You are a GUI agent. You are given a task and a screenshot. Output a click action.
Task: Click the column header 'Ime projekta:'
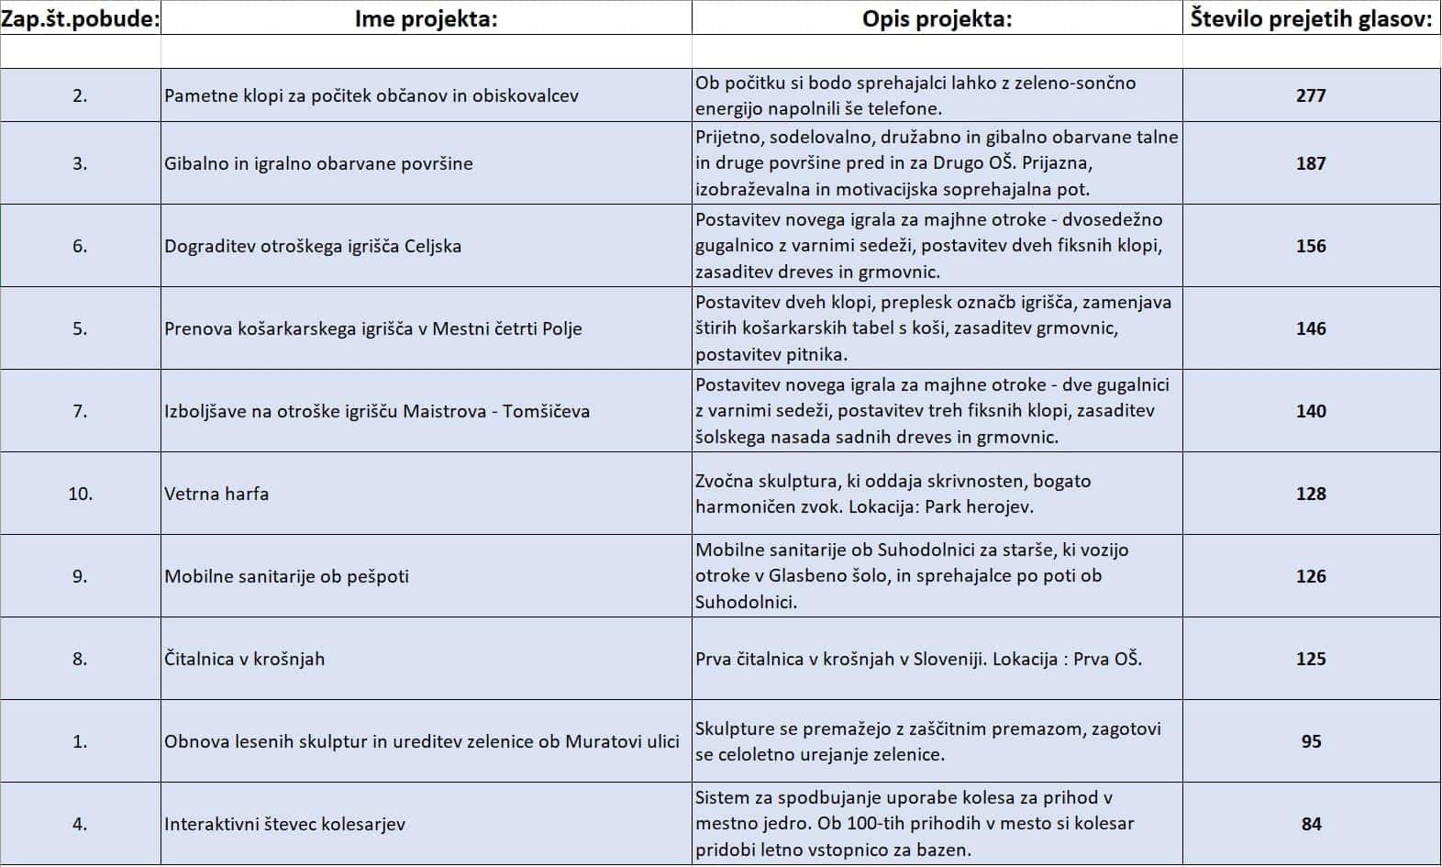pos(426,18)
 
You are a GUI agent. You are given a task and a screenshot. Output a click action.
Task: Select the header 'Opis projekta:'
pos(937,18)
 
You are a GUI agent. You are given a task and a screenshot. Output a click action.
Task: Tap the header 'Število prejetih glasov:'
pos(1311,18)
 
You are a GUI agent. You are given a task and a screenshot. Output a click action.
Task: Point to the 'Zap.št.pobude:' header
pos(80,18)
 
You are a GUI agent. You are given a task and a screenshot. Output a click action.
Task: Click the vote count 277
pos(1311,95)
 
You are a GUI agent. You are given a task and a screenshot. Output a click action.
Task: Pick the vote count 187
pos(1311,163)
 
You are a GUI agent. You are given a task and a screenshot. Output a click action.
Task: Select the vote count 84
pos(1311,824)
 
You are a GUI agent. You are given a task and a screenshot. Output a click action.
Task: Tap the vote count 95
pos(1311,741)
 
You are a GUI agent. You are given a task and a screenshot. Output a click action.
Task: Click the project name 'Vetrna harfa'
pos(216,494)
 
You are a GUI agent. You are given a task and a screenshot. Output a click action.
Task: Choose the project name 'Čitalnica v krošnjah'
pos(244,659)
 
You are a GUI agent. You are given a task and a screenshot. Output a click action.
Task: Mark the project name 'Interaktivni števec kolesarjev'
pos(284,824)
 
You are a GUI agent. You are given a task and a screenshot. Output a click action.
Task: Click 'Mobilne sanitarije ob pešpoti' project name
pos(286,576)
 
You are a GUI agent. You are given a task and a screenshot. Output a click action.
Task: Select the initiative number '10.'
pos(80,494)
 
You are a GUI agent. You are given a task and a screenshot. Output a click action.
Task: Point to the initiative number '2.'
pos(80,95)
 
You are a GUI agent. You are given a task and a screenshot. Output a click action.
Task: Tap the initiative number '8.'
pos(80,659)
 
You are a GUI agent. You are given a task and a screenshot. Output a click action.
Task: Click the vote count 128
pos(1311,494)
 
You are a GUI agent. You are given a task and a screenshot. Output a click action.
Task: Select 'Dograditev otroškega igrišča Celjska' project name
pos(313,246)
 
